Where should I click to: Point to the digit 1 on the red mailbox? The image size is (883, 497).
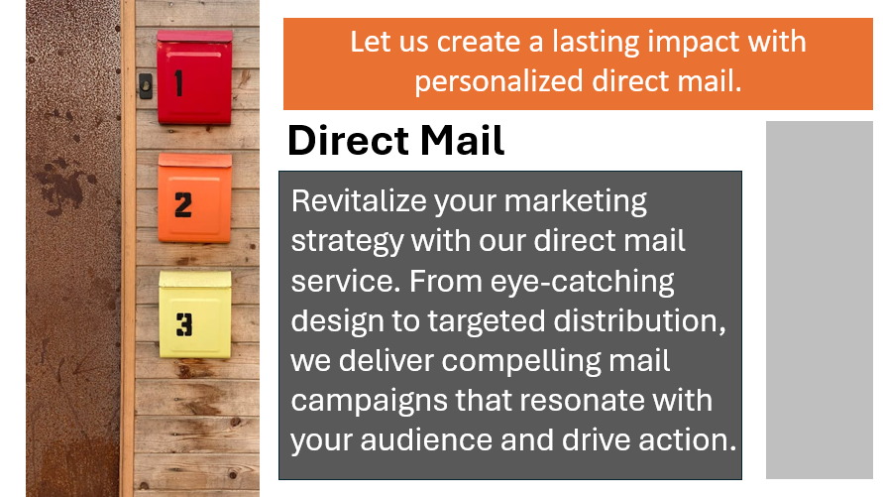click(179, 83)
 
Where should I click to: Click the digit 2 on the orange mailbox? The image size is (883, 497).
click(183, 204)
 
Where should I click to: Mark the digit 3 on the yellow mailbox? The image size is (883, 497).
click(184, 323)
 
